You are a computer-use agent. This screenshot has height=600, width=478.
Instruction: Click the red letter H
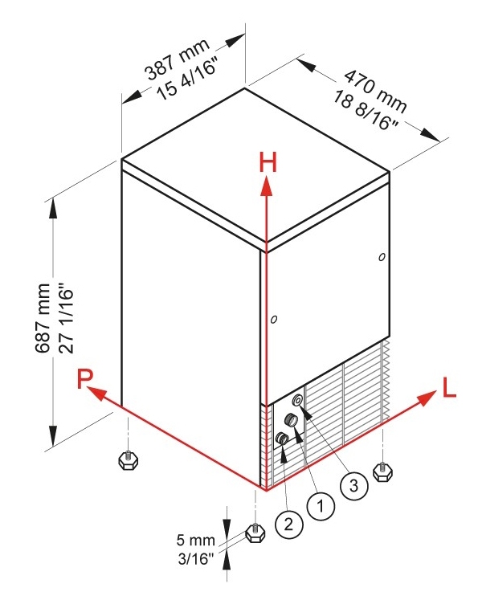pos(268,162)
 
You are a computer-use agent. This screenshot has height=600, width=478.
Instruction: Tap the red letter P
pos(85,378)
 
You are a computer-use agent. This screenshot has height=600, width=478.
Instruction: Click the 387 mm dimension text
pos(178,59)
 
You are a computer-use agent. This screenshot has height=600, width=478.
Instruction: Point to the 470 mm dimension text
pos(374,92)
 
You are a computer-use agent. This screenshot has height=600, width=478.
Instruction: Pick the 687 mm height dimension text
pos(43,317)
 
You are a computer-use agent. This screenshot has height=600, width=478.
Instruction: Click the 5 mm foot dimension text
pos(195,540)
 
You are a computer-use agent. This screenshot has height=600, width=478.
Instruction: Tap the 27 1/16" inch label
pos(66,317)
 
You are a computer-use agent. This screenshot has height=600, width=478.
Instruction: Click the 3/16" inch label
pos(195,559)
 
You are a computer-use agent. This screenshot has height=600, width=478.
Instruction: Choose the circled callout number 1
pos(321,506)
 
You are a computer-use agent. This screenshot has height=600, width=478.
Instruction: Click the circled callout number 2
pos(289,523)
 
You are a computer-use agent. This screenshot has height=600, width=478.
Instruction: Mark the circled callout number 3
pos(354,485)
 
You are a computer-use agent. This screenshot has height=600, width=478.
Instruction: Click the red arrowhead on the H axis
pos(267,187)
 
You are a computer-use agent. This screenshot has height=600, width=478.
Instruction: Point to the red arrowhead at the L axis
pos(427,398)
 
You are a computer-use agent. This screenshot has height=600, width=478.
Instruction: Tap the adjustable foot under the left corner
pos(129,460)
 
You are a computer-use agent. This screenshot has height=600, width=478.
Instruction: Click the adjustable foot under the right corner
pos(382,472)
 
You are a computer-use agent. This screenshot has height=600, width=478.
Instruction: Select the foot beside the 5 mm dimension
pos(255,533)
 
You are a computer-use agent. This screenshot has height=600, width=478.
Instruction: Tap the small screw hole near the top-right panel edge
pos(382,257)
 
